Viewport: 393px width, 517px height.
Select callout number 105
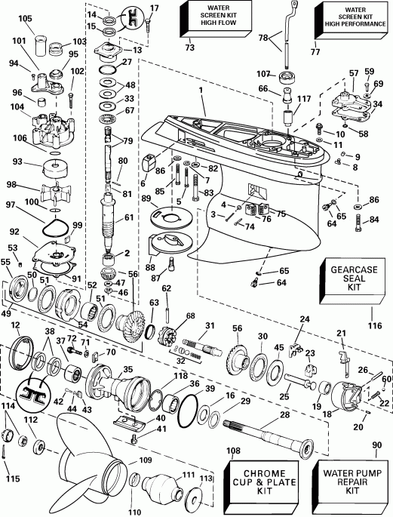25,18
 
